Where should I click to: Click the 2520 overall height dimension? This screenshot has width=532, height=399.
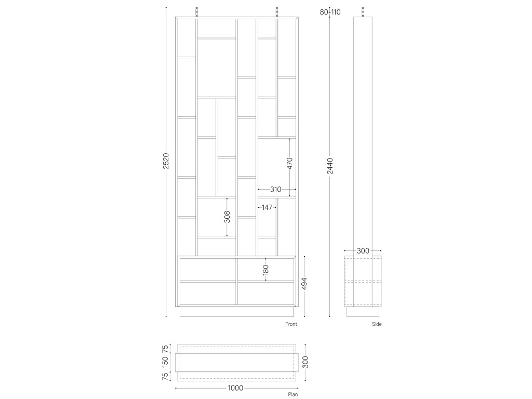tap(166, 161)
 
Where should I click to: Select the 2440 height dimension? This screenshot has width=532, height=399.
tap(330, 166)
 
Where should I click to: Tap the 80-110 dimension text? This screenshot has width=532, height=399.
tap(330, 12)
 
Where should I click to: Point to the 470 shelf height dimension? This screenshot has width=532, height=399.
tap(289, 163)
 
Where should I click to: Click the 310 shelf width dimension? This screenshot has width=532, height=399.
tap(275, 189)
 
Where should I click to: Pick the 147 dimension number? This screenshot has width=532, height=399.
tap(267, 207)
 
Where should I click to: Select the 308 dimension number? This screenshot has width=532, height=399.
tap(227, 217)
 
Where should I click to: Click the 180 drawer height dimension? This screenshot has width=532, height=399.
tap(265, 270)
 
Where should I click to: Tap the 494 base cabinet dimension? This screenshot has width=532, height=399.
tap(304, 284)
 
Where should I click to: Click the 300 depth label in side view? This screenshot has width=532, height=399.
tap(363, 251)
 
